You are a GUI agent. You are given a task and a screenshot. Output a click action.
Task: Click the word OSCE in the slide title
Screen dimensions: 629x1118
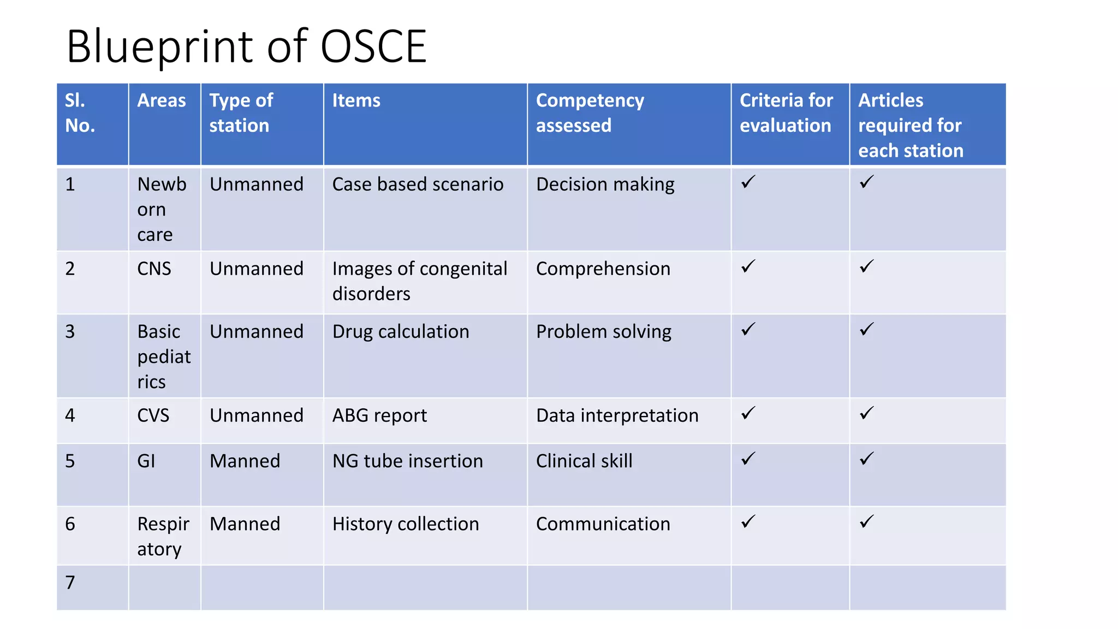[x=373, y=47]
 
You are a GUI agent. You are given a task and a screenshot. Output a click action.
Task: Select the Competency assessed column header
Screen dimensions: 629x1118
[x=590, y=113]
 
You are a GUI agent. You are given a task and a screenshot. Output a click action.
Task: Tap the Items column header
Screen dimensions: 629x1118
[x=356, y=100]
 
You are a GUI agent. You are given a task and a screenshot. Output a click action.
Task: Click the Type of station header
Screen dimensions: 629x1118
[x=241, y=113]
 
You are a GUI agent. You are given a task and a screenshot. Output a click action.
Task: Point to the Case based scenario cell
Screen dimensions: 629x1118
[x=418, y=185]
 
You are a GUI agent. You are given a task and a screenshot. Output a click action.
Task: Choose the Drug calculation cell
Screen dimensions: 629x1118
[x=401, y=332]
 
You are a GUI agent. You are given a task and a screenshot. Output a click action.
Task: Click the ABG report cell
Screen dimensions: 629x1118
[x=379, y=416]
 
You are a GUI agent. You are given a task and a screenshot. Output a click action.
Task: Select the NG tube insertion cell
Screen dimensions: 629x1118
[x=407, y=461]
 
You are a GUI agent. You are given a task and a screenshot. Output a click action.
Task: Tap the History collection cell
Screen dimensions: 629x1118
[x=406, y=524]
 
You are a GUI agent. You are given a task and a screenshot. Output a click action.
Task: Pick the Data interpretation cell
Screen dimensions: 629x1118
[x=617, y=416]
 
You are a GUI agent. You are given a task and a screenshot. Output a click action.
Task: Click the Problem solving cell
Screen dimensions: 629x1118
[x=604, y=332]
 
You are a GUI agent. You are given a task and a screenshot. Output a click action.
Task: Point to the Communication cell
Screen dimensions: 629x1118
[x=603, y=524]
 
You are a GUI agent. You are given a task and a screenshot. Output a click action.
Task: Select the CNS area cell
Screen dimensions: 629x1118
[x=154, y=269]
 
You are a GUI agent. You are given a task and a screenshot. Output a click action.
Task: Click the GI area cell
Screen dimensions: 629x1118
[x=146, y=461]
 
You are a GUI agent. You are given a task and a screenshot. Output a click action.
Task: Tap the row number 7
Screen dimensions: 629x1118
[x=70, y=583]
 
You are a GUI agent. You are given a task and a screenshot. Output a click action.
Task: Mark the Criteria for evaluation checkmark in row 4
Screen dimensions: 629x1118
[x=748, y=413]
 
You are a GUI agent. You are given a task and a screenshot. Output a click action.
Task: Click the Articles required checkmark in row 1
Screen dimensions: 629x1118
[x=867, y=182]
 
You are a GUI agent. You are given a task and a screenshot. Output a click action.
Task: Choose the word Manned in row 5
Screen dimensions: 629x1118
[x=245, y=461]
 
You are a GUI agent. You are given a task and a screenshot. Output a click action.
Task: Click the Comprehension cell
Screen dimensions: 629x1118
[x=603, y=269]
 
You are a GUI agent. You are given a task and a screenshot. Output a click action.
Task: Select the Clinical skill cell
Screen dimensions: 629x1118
[x=584, y=461]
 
